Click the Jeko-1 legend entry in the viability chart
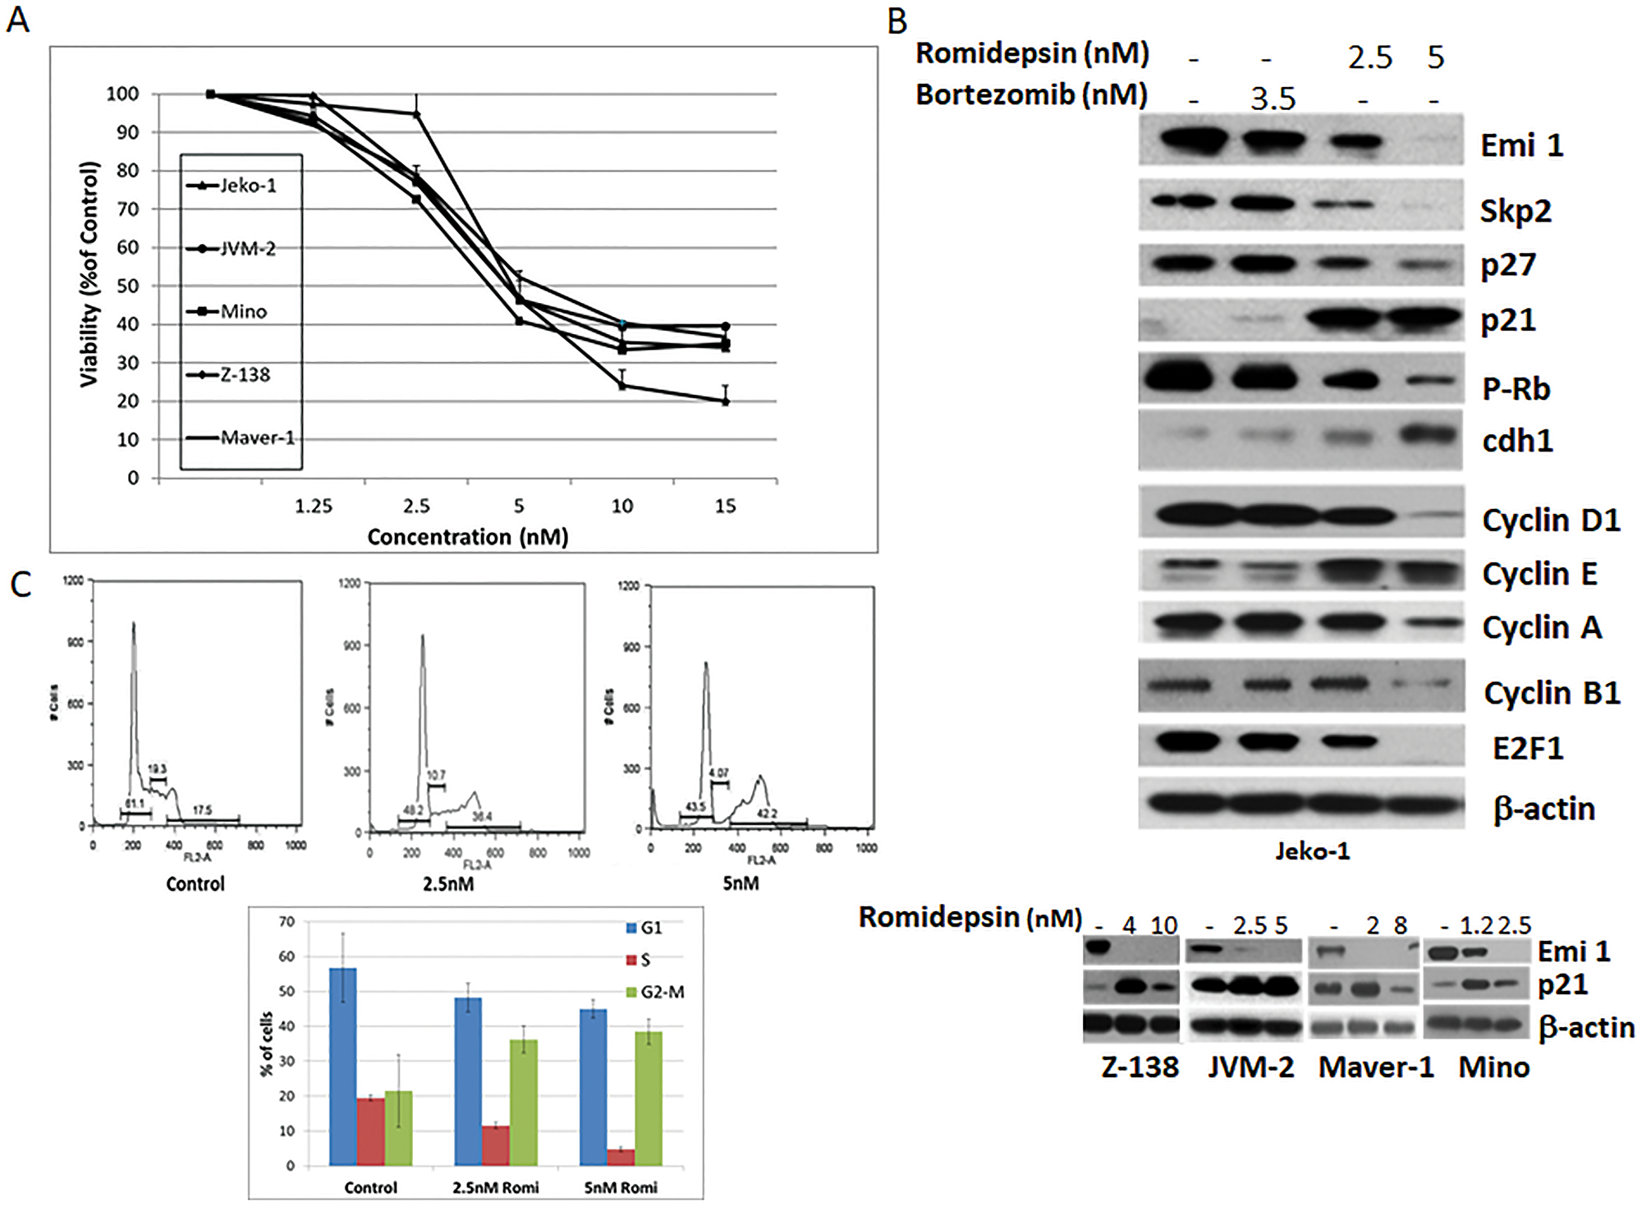[x=247, y=186]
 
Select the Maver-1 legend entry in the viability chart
[x=257, y=438]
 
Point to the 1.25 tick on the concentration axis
[x=314, y=506]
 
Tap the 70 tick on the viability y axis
[x=127, y=209]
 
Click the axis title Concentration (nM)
[x=467, y=537]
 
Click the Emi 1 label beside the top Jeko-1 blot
[x=1521, y=145]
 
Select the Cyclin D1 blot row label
[x=1551, y=520]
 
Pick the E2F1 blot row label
[x=1528, y=748]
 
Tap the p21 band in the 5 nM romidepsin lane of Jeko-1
[x=1424, y=317]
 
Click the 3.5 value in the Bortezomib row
[x=1273, y=99]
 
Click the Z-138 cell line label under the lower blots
[x=1140, y=1067]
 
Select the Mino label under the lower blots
[x=1493, y=1067]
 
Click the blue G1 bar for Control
[x=342, y=1066]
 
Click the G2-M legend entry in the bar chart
[x=662, y=992]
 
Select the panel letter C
[x=21, y=585]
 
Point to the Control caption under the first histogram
[x=195, y=883]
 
